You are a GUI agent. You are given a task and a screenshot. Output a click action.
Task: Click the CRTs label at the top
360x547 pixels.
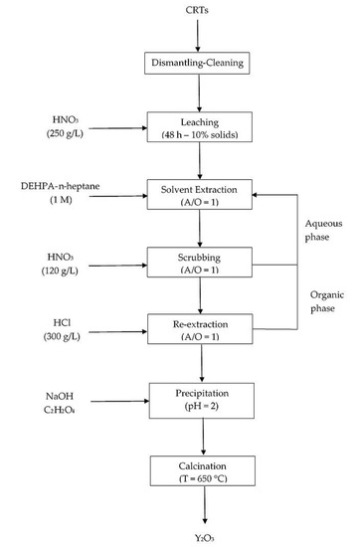[x=197, y=10]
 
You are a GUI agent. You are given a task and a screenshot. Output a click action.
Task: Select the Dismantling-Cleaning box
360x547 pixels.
[x=197, y=63]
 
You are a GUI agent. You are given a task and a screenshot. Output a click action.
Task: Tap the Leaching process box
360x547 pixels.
[x=200, y=127]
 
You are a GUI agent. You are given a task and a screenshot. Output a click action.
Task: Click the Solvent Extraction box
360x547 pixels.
[x=200, y=194]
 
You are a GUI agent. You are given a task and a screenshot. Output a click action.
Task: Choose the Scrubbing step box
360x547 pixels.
[x=200, y=263]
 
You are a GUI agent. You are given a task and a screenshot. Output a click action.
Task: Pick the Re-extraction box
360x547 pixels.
[x=200, y=329]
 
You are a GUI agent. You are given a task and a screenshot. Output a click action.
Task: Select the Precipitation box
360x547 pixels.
[x=202, y=401]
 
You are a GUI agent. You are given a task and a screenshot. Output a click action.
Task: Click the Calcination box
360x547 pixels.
[x=203, y=470]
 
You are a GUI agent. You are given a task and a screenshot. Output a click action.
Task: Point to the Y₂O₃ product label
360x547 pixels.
[x=205, y=538]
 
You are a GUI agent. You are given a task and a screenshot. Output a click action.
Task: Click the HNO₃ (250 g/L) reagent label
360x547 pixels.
[x=65, y=126]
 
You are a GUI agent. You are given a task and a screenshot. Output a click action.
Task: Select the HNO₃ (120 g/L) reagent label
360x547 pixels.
[x=60, y=264]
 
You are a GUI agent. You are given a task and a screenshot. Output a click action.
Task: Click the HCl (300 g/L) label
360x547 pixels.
[x=62, y=329]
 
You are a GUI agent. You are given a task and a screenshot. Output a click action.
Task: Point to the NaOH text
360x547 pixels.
[x=60, y=396]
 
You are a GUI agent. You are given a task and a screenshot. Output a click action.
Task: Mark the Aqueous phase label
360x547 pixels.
[x=324, y=230]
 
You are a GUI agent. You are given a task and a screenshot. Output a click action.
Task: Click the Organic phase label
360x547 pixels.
[x=327, y=301]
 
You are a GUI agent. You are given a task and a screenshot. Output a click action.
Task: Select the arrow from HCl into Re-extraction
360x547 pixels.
[x=118, y=332]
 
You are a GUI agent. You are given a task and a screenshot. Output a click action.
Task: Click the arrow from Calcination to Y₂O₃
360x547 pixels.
[x=205, y=505]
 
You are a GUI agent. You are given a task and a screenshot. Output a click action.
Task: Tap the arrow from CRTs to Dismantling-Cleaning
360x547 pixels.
[x=198, y=36]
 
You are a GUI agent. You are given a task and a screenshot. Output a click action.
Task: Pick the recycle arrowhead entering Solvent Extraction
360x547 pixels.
[x=255, y=195]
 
